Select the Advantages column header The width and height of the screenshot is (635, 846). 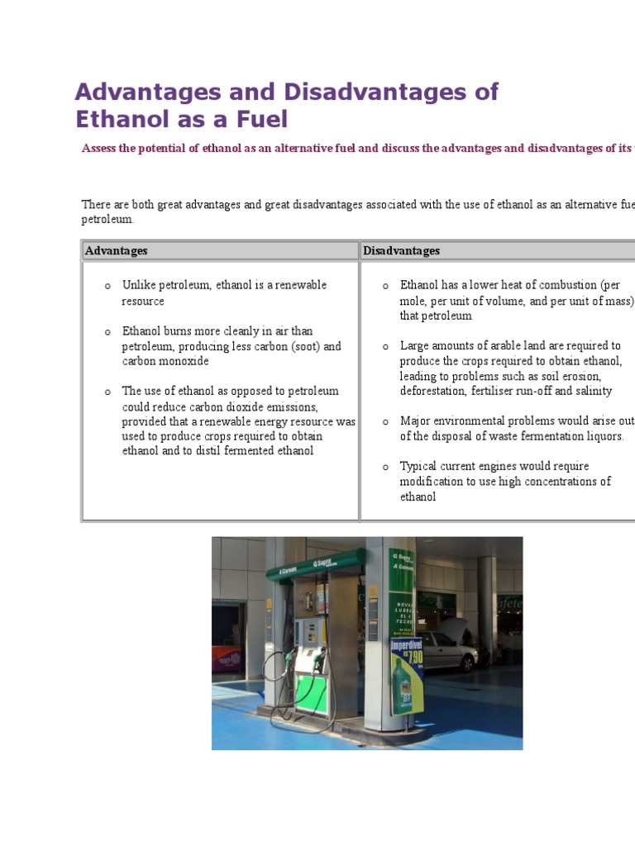117,250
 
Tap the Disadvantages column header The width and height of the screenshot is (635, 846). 402,250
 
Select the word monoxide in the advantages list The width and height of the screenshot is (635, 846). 184,361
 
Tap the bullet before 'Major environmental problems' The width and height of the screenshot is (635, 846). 385,421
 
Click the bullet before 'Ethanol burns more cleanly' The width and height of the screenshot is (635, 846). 107,332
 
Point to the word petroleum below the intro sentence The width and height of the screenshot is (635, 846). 106,220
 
